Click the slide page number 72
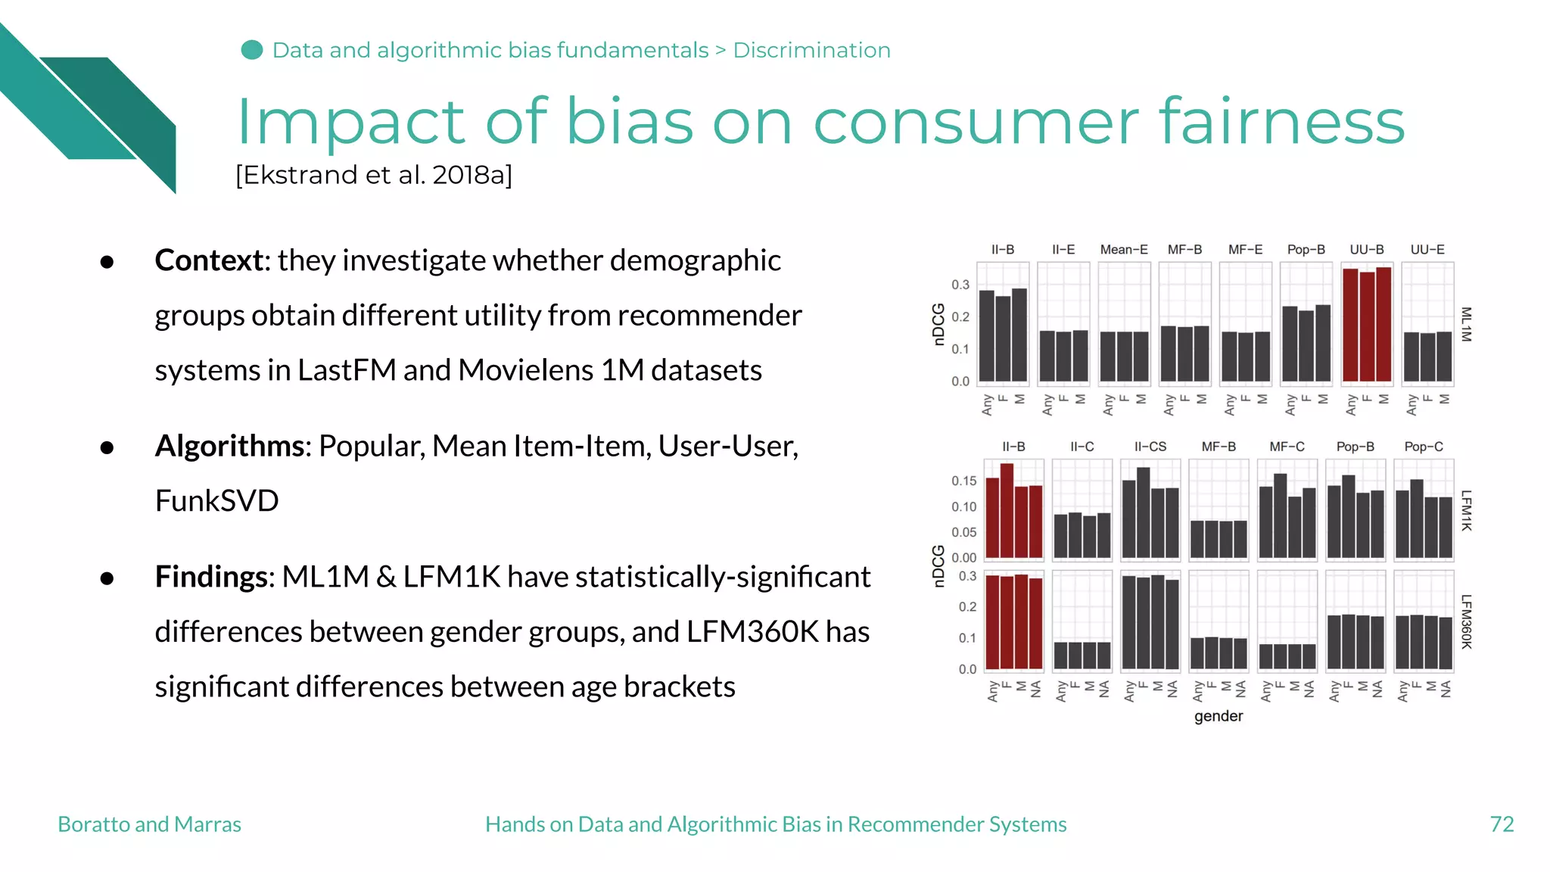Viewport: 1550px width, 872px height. coord(1502,824)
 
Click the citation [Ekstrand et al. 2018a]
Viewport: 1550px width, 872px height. coord(374,175)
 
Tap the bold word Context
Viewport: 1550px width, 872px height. coord(209,260)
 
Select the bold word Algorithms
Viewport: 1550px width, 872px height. coord(229,446)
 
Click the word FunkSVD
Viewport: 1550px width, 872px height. coord(216,501)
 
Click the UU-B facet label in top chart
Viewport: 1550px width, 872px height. coord(1366,250)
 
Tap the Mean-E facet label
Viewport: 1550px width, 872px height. coord(1124,250)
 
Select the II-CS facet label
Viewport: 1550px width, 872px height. coord(1150,447)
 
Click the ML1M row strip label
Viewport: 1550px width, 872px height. coord(1466,324)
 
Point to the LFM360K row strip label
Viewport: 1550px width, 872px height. coord(1466,621)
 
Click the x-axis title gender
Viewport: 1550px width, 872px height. coord(1219,716)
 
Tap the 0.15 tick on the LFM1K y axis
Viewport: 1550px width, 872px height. coord(963,481)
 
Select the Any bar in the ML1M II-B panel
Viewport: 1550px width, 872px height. coord(986,335)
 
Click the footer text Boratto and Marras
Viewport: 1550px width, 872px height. coord(149,824)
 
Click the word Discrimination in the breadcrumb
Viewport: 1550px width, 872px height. coord(811,50)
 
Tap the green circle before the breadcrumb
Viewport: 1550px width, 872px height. coord(252,50)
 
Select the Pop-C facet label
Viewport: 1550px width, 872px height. coord(1423,447)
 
